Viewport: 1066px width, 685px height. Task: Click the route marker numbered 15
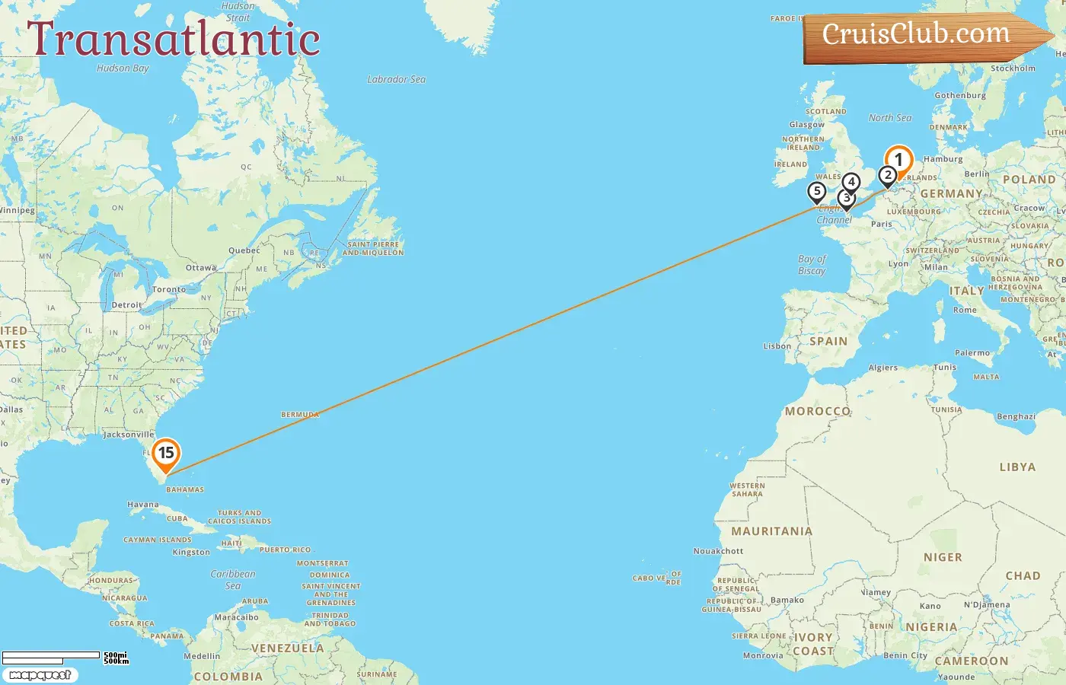166,454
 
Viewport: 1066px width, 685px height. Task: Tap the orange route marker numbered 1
898,161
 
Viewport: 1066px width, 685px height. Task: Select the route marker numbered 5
817,192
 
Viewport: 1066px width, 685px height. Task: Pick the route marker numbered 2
887,175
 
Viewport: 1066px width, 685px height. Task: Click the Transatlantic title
174,40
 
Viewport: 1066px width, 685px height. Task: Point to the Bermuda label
300,415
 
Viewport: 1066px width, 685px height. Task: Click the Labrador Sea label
396,79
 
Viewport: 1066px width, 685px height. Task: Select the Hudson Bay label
123,68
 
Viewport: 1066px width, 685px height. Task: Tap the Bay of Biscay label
812,265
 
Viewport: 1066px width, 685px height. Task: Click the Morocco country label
818,411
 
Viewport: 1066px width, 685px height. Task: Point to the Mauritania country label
771,531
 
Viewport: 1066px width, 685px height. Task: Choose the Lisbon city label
777,346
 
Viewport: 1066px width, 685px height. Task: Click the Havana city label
143,505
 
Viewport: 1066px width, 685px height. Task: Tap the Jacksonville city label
128,435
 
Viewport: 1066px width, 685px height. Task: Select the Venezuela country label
288,648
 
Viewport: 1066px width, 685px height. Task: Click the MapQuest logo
40,675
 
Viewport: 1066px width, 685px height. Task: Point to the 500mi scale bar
51,655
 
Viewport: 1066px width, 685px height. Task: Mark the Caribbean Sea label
233,579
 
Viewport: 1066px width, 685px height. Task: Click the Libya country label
1017,467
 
